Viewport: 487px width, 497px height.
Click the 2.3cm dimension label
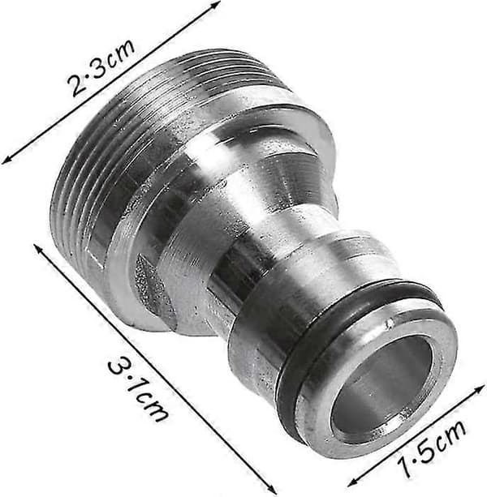tap(101, 67)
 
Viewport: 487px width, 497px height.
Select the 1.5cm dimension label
tap(432, 448)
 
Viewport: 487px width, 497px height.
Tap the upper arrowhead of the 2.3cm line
tap(216, 4)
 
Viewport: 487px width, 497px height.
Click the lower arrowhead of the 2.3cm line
tap(6, 161)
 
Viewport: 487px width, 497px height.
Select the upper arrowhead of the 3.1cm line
tap(37, 248)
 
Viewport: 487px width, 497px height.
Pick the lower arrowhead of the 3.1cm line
tap(272, 490)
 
